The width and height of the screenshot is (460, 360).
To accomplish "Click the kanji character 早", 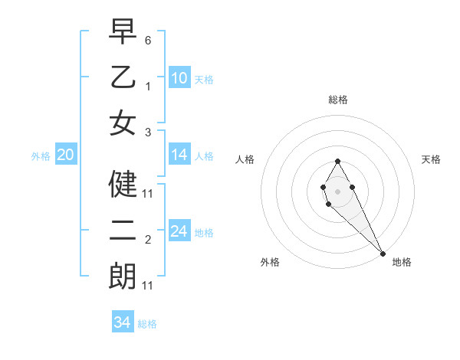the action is click(x=123, y=32).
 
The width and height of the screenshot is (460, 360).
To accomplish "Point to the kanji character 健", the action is click(x=123, y=184).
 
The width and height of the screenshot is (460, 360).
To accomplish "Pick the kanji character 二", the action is click(x=123, y=231).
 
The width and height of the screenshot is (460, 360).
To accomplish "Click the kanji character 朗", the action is click(x=123, y=277).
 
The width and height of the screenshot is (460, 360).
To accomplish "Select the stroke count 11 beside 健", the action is click(x=148, y=194).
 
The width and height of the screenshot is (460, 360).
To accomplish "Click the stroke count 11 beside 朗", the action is click(x=148, y=286).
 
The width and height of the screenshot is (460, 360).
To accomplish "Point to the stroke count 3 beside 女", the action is click(x=148, y=132).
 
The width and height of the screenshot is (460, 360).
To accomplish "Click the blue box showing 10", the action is click(x=179, y=77).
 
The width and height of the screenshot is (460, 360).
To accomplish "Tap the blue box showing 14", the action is click(x=179, y=155).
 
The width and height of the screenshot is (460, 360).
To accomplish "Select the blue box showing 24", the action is click(x=179, y=231).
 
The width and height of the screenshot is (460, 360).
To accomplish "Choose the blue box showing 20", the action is click(x=65, y=155).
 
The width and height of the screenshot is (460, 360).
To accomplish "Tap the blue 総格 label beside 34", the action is click(x=147, y=324).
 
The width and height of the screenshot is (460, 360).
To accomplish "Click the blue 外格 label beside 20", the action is click(x=41, y=156).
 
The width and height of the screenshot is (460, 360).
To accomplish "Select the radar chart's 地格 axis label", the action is click(x=402, y=262).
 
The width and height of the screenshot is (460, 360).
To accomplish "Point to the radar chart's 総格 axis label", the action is click(x=337, y=100).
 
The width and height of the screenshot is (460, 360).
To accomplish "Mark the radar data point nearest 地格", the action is click(x=383, y=253).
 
